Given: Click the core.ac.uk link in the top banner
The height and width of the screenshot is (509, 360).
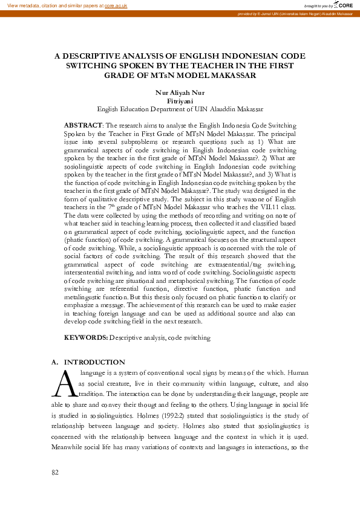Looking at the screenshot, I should pos(116,5).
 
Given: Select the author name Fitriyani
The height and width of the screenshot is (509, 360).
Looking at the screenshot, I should pos(180,102).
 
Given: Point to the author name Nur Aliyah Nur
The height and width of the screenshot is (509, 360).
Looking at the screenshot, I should pos(180,93).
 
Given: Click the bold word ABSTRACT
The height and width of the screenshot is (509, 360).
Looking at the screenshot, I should pos(83,124).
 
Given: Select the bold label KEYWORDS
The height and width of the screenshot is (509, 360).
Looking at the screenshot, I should pos(86,338).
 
